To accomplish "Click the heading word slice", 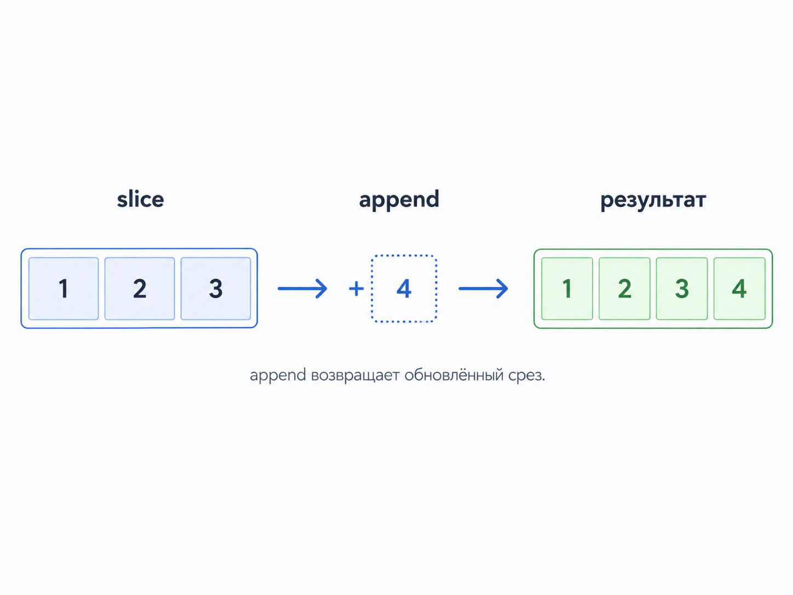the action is (x=140, y=199).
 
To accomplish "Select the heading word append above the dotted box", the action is (x=399, y=200).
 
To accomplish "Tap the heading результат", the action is (x=653, y=201).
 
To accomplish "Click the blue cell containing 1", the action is (x=64, y=288).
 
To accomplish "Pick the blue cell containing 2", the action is (x=140, y=288).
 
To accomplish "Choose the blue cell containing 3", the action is (x=216, y=288).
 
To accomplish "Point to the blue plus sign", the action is (x=356, y=288).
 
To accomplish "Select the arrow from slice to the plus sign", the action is (x=302, y=288).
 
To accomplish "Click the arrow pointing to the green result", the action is (x=484, y=288).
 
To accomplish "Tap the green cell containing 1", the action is (x=567, y=288).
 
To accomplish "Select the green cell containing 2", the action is (x=624, y=288).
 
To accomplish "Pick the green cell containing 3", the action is (x=682, y=288).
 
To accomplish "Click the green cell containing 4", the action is (x=739, y=288).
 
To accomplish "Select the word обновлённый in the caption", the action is (x=454, y=375).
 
